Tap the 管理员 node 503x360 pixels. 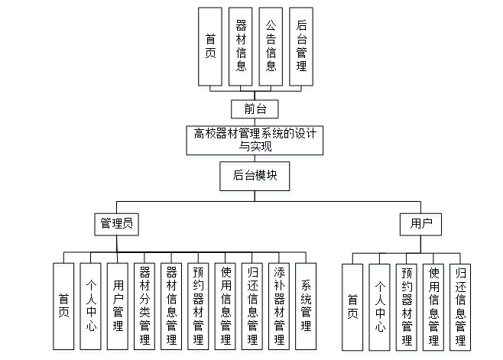pos(117,224)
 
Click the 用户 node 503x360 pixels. pos(421,224)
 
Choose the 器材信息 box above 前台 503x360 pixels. pos(241,47)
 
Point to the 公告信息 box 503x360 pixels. pos(271,47)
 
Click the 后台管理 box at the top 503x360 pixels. pos(301,47)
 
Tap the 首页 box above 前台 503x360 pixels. pos(210,47)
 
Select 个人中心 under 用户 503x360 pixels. pos(380,305)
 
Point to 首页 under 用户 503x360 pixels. pos(352,305)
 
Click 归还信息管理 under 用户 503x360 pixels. pos(461,305)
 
